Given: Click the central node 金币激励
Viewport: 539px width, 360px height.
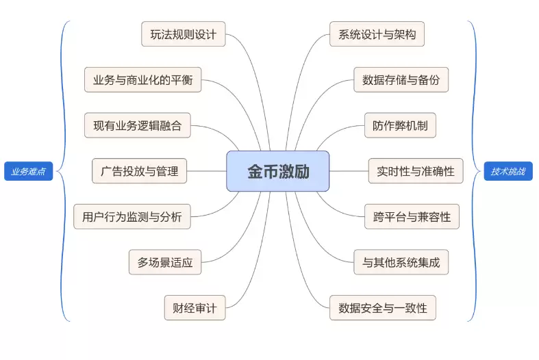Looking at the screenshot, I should tap(278, 171).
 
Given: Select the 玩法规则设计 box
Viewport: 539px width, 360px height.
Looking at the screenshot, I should tap(184, 34).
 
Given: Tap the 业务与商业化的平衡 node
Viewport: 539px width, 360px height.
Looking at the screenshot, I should tap(143, 80).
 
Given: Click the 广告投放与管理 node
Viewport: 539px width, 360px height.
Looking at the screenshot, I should tap(140, 171).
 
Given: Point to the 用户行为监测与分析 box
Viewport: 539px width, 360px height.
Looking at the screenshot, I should tap(132, 216).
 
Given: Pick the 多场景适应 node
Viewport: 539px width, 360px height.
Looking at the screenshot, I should tap(165, 262).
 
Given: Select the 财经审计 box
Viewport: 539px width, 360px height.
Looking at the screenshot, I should tap(195, 308).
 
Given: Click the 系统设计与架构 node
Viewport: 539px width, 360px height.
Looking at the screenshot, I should tap(377, 34).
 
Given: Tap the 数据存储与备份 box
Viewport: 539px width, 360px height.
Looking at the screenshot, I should tap(401, 80).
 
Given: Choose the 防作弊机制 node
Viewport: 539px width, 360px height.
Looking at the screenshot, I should tap(400, 125).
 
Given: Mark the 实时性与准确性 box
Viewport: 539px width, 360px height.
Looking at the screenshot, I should tap(416, 171).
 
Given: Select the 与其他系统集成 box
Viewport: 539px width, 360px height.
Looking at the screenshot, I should tap(401, 262).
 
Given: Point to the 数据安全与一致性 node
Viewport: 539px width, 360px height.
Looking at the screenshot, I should tap(383, 308).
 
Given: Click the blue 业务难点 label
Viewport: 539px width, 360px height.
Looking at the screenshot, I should tap(29, 171).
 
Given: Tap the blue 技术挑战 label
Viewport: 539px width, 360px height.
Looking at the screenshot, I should tap(507, 171).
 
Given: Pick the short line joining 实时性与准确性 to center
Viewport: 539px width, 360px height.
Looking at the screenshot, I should tap(349, 171).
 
